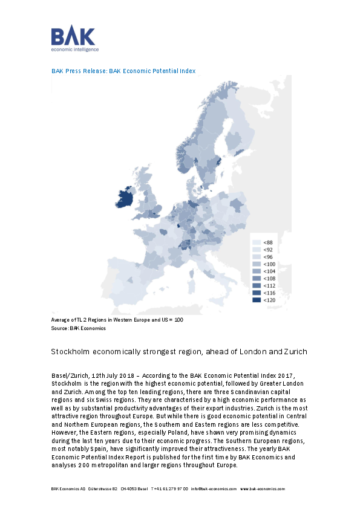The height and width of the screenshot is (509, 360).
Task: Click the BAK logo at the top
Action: click(74, 39)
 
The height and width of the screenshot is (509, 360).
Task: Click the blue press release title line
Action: click(123, 71)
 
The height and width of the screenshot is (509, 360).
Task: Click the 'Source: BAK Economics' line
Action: click(78, 328)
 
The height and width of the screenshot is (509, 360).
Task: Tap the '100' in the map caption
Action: click(178, 320)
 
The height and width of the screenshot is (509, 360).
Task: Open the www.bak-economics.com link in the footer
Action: click(263, 488)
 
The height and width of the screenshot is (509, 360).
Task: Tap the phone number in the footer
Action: click(169, 488)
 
